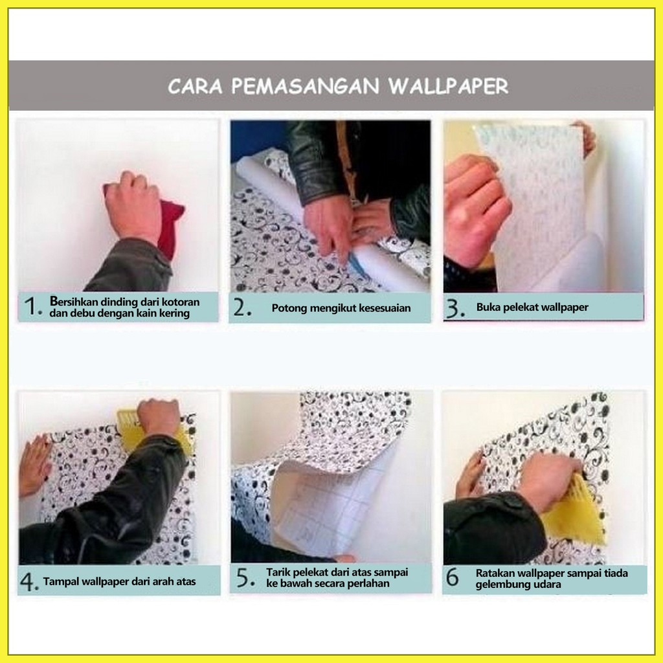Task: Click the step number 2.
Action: tap(242, 308)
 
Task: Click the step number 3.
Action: tap(455, 309)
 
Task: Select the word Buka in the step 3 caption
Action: tap(487, 308)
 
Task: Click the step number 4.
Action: tap(29, 581)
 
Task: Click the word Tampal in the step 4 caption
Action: tap(60, 581)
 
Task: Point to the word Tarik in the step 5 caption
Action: tap(277, 572)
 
